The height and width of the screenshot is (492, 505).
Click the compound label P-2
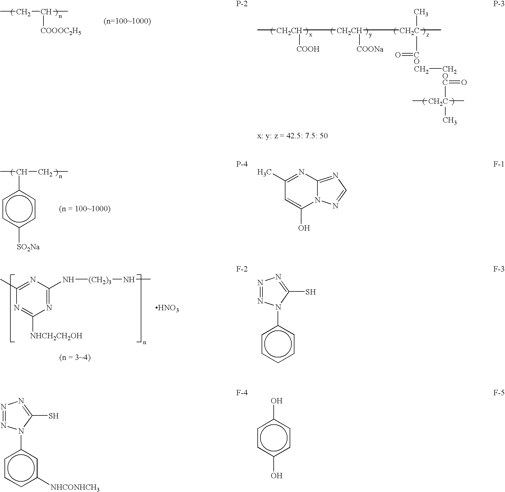click(x=242, y=4)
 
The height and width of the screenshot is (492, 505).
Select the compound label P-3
click(x=499, y=4)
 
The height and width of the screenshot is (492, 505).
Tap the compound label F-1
click(x=499, y=164)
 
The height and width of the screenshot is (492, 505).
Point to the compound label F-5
click(x=499, y=393)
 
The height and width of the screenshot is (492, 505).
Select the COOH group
click(x=308, y=49)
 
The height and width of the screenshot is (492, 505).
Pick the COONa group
click(x=370, y=49)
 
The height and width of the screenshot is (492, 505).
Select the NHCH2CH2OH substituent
click(x=56, y=336)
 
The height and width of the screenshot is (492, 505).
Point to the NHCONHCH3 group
click(x=75, y=488)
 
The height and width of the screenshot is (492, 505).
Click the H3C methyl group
click(x=264, y=172)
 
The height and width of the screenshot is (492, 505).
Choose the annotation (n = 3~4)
click(x=75, y=358)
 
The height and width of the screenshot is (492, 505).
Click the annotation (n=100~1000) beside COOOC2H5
click(x=127, y=21)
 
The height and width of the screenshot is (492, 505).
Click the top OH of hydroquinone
click(x=276, y=401)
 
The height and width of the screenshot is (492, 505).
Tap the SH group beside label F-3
click(x=310, y=292)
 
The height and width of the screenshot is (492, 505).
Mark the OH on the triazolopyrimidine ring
click(x=304, y=228)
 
